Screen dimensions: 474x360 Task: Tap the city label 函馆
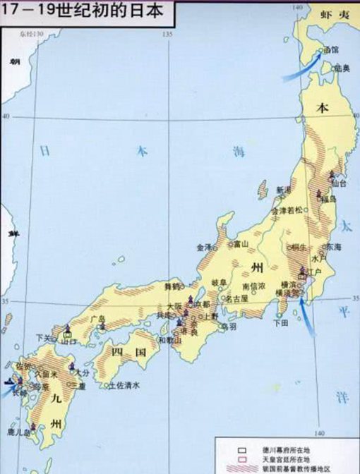pos(331,50)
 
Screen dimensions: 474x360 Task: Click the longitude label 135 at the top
pos(167,35)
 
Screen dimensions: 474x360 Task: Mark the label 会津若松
pos(290,210)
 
